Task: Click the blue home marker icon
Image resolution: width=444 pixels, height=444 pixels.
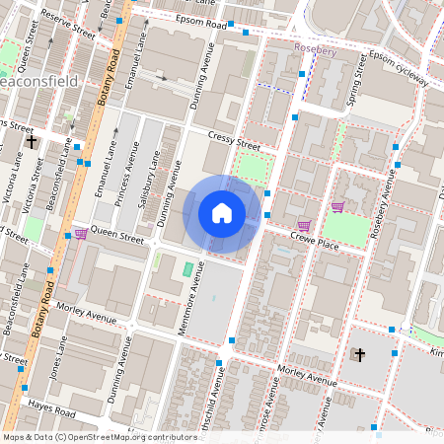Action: click(x=222, y=213)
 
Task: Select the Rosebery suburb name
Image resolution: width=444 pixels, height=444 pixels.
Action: click(x=316, y=46)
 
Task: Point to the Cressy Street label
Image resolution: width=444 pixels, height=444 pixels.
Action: click(x=234, y=141)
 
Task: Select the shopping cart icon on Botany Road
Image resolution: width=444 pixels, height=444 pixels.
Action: click(x=80, y=234)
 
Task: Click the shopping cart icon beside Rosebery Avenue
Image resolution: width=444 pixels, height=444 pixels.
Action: click(x=337, y=206)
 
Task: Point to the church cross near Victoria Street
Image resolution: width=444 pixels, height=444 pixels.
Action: click(x=32, y=142)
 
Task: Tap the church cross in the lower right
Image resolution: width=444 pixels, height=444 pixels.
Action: click(x=359, y=354)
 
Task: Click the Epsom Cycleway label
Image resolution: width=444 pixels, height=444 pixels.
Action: click(x=399, y=68)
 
